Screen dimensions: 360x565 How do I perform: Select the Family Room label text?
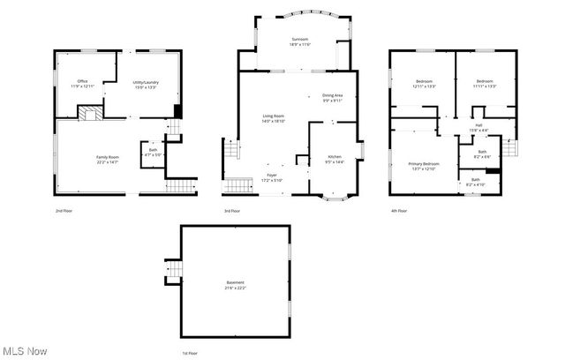coord(108,159)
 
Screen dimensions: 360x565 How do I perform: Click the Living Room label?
coord(273,119)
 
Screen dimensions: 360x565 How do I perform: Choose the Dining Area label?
coord(332,98)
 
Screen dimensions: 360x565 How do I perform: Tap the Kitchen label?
coord(335,159)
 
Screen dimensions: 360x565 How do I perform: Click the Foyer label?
coord(272,177)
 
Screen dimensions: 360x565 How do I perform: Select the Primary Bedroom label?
coord(424,166)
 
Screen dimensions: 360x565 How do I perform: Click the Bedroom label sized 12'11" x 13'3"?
coord(424,84)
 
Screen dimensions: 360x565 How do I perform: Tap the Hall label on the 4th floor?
coord(478,128)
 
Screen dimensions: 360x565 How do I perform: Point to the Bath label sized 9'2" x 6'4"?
coord(481,154)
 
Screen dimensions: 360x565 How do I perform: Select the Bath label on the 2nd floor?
coord(152,151)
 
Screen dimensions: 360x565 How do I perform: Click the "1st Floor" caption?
coord(190,353)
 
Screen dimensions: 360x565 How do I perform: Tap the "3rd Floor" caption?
coord(233,211)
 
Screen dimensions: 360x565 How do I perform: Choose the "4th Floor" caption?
coord(399,211)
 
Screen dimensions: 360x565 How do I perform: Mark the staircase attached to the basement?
coord(173,272)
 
